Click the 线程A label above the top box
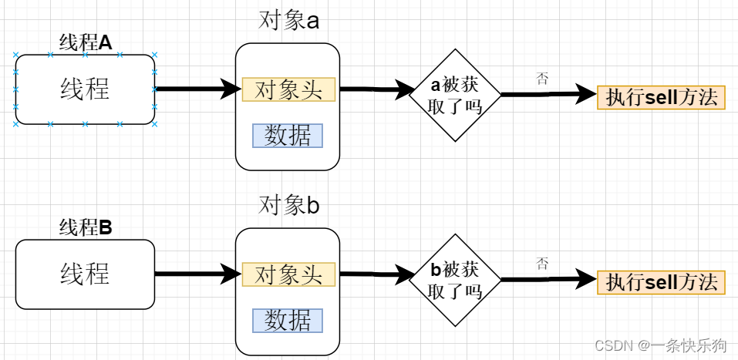click(86, 43)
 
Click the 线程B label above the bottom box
click(86, 227)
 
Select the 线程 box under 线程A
click(85, 89)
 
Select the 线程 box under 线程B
click(85, 274)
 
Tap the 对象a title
click(288, 21)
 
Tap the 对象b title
click(288, 206)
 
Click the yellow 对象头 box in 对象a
click(288, 89)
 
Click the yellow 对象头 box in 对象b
click(288, 274)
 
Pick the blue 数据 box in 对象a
click(287, 135)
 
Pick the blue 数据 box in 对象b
click(287, 319)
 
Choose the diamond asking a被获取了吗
click(454, 96)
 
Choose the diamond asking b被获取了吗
click(454, 280)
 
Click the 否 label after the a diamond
click(542, 78)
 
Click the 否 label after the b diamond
click(542, 264)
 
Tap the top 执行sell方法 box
click(662, 97)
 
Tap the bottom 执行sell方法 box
click(662, 281)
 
